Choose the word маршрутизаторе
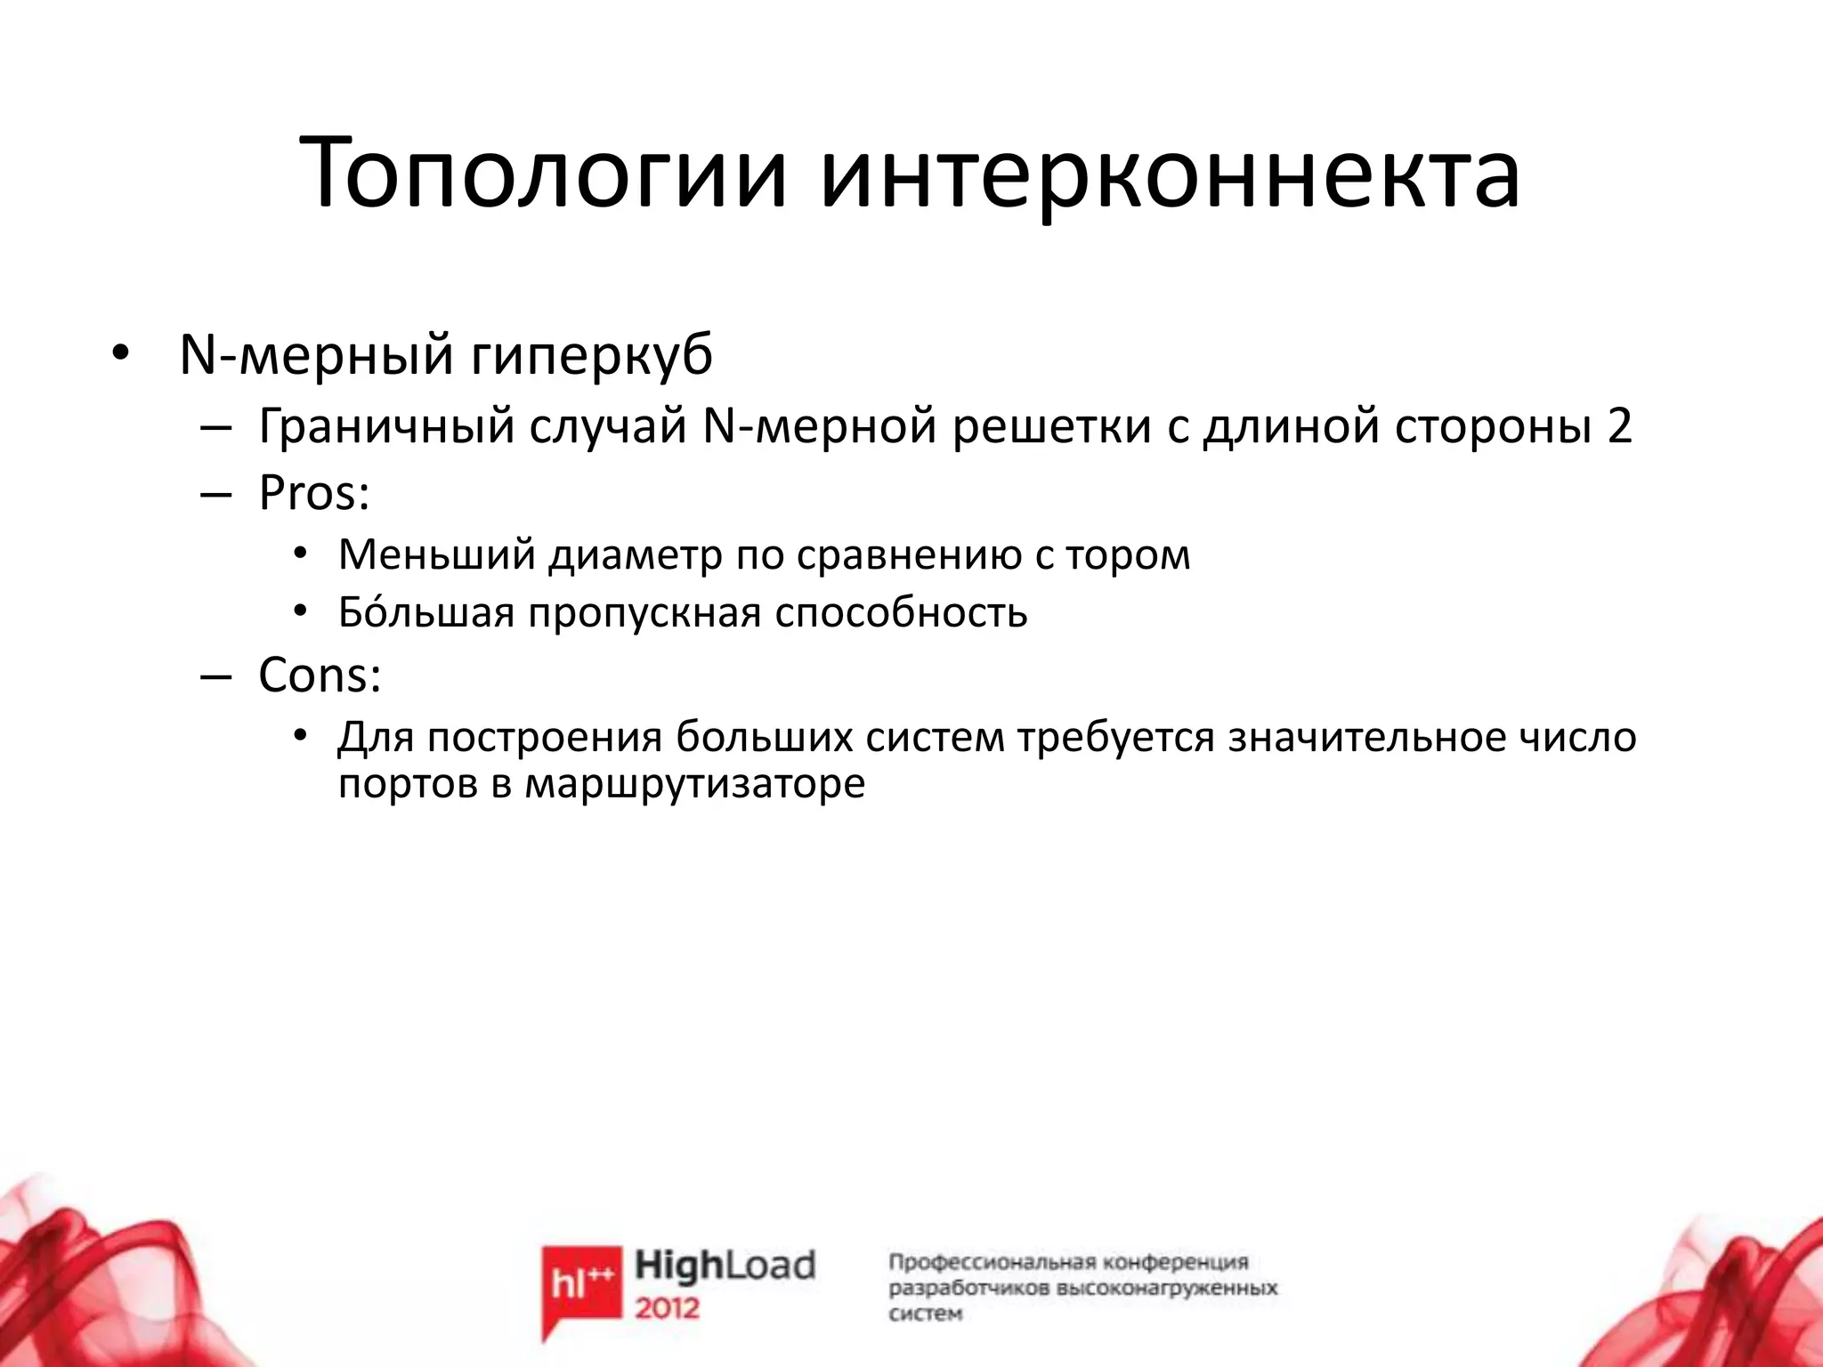tap(694, 784)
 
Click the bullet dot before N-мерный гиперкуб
tap(120, 356)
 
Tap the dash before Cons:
tap(215, 676)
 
